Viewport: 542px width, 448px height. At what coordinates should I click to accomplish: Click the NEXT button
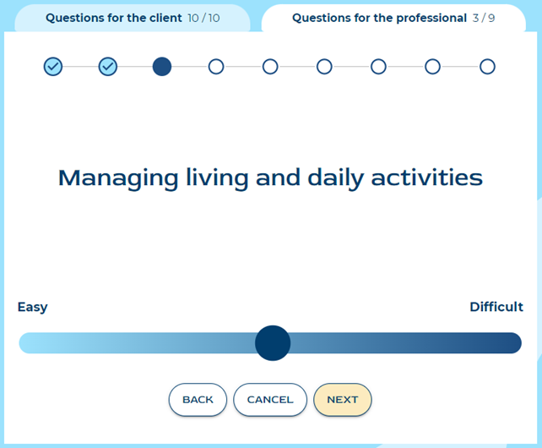(343, 400)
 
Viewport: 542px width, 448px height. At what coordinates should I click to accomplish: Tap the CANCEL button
(270, 400)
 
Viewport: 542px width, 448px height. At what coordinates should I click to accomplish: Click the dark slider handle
(273, 342)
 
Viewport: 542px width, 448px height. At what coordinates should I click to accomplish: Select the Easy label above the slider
(32, 307)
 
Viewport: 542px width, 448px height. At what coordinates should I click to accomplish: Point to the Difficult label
(496, 307)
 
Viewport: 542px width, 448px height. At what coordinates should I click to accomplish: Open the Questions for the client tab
(133, 18)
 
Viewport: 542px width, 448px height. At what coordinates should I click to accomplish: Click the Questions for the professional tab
(393, 18)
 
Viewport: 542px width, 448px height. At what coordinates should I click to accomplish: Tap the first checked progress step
(53, 67)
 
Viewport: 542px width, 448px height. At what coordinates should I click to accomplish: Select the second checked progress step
(108, 67)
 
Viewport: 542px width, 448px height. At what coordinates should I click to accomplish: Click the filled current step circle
(162, 67)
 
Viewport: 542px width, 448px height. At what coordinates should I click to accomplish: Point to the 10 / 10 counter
(203, 18)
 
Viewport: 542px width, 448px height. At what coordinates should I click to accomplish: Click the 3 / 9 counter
(484, 18)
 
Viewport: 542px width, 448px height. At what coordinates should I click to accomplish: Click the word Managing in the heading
(118, 179)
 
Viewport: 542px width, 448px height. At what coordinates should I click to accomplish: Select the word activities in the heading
(426, 178)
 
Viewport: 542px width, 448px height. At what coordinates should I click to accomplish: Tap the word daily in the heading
(336, 179)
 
